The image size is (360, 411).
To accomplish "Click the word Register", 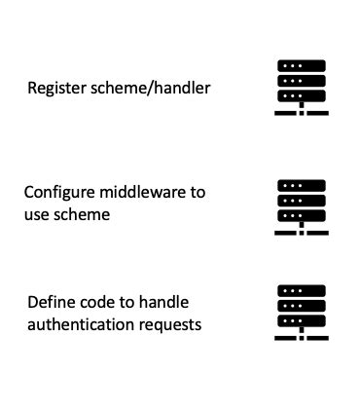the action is click(55, 90).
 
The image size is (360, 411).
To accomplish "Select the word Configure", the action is click(61, 192).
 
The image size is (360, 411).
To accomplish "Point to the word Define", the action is click(50, 301).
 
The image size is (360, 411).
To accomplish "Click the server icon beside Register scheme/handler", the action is click(301, 89).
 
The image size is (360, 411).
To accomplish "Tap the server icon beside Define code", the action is click(301, 313).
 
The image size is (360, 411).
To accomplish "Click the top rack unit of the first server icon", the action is click(301, 66).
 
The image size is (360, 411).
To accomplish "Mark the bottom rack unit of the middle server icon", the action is click(301, 215).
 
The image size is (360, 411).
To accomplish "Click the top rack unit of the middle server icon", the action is click(301, 185).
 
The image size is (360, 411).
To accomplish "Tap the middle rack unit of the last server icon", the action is click(301, 305).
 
